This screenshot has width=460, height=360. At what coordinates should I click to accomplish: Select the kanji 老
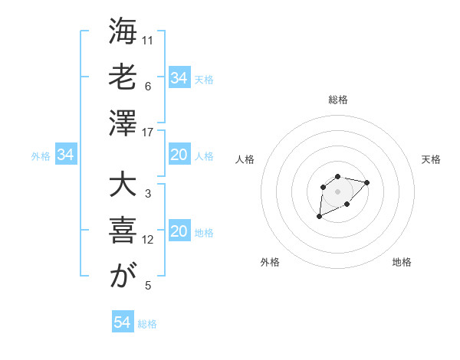pos(123,78)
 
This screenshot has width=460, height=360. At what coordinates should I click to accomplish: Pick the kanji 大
pos(123,186)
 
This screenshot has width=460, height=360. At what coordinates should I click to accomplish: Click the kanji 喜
pos(123,232)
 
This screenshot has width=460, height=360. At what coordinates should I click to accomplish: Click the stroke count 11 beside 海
pos(148,40)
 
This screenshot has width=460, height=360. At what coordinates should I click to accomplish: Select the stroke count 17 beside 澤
pos(148,133)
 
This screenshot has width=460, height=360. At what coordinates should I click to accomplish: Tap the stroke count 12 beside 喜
pos(148,240)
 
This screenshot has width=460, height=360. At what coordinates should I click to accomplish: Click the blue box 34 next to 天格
pos(179,77)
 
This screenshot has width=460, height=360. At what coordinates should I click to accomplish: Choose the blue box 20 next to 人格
pos(179,155)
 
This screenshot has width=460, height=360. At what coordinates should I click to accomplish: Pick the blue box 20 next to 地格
pos(179,232)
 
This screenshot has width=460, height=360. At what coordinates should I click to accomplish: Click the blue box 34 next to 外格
pos(65,155)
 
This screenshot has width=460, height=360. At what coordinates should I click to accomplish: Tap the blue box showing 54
pos(122,322)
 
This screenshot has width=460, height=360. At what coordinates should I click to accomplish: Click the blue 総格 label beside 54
pos(147,324)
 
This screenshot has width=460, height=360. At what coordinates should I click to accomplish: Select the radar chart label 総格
pos(337,100)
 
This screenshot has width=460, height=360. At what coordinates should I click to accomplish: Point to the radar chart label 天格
pos(431,159)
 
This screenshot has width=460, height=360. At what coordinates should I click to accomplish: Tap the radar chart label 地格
pos(402,262)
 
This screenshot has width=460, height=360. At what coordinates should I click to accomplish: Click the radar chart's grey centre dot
pos(337,191)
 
